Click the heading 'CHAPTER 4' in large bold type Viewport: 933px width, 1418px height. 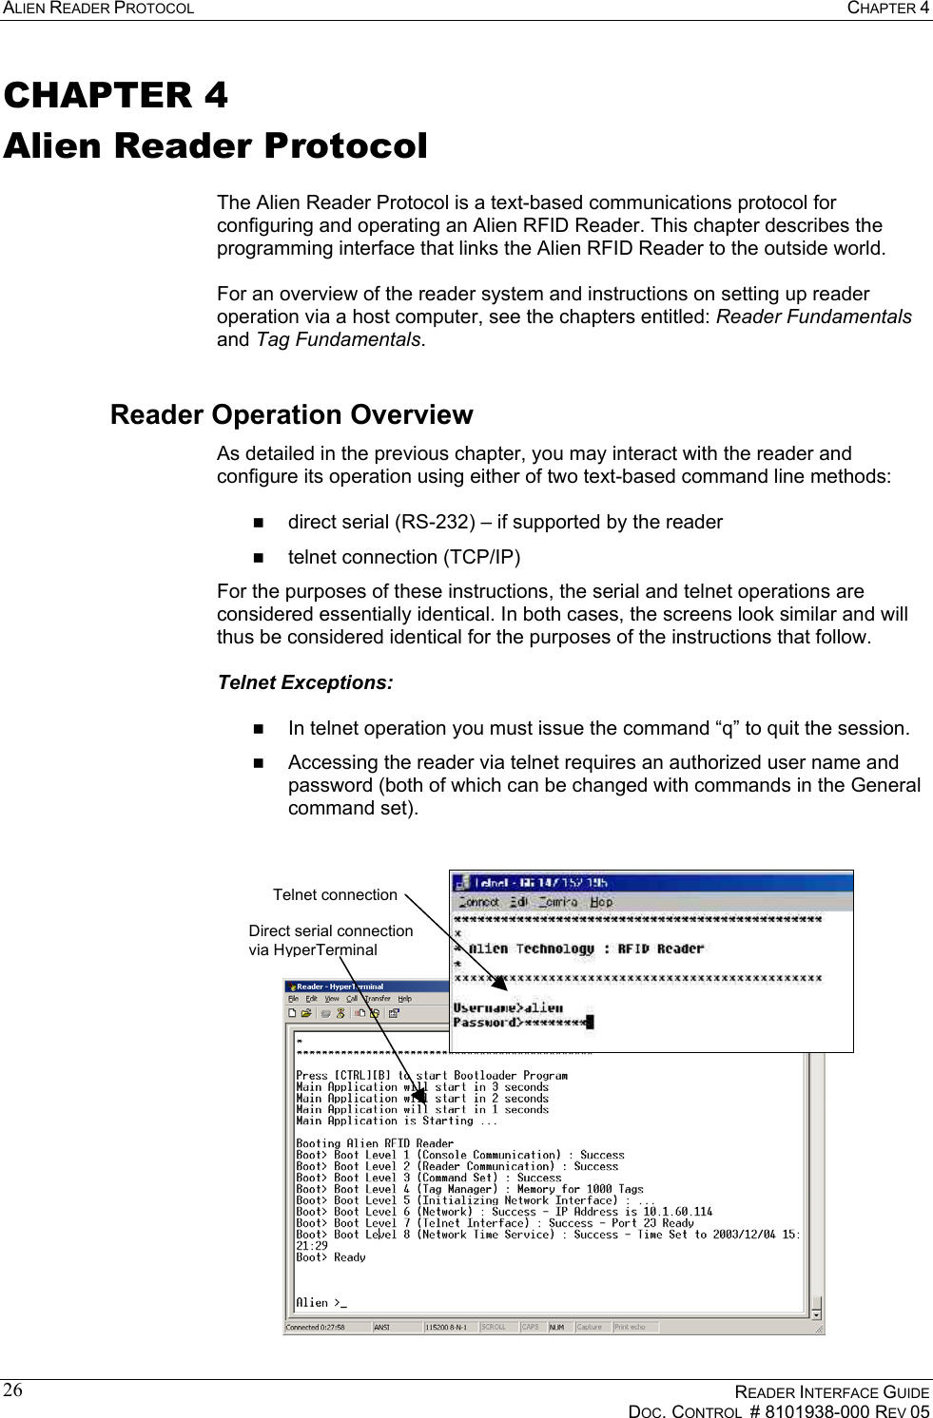[115, 95]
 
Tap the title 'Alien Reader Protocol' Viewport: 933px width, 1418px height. [215, 145]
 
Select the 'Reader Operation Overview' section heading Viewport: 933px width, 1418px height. [291, 414]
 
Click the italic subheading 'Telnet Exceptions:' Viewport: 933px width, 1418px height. [304, 682]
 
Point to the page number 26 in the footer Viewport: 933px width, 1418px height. [12, 1390]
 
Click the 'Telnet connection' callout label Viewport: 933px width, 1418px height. [335, 894]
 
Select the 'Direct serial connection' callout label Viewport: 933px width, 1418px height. [330, 930]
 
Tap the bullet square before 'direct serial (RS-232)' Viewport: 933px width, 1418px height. [258, 523]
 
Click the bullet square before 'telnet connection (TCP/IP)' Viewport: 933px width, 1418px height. [258, 558]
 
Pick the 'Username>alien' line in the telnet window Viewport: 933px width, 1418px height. [508, 1007]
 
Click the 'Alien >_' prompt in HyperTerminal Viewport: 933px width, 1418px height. [321, 1302]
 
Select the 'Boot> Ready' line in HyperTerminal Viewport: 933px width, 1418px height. [330, 1256]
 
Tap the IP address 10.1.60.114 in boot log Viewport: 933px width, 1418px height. [677, 1212]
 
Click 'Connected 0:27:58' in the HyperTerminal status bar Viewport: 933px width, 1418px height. [316, 1327]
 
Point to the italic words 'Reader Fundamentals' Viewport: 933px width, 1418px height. [813, 316]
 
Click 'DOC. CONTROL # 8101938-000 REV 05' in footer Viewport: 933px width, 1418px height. [778, 1411]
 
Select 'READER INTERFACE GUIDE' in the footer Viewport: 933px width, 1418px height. [831, 1392]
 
